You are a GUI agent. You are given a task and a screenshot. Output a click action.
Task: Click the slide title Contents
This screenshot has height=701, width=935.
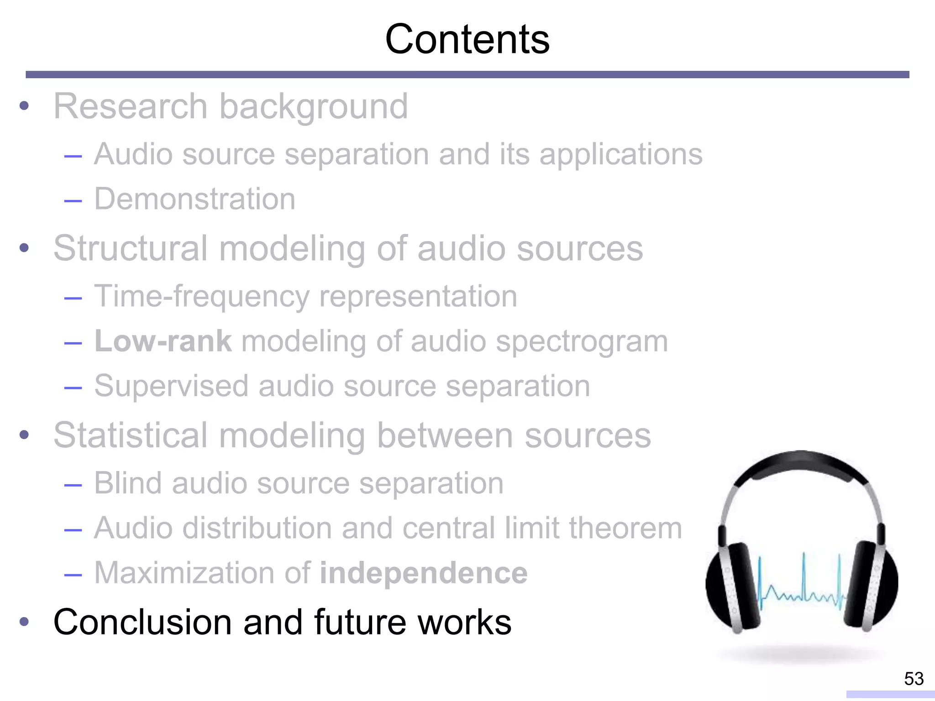[x=467, y=40]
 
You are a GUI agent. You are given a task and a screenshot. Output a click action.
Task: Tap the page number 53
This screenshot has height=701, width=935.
[x=914, y=679]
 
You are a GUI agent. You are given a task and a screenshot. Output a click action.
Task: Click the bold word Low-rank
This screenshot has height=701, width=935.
[x=163, y=341]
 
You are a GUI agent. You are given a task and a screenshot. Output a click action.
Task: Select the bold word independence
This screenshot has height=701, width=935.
[x=423, y=573]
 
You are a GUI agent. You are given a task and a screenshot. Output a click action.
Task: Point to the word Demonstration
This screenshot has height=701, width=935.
[x=195, y=199]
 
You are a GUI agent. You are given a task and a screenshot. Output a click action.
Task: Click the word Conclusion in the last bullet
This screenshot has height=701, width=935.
[x=142, y=623]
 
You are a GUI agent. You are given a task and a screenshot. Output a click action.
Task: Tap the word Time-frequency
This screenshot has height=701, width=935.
[x=201, y=297]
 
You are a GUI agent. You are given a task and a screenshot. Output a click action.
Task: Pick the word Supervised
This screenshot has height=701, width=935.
[x=171, y=387]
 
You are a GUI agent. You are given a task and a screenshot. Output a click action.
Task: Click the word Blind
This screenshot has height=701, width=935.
[x=127, y=483]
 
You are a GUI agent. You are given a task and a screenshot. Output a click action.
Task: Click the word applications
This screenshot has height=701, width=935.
[x=621, y=155]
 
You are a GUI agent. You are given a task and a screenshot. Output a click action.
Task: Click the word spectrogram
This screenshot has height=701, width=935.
[x=582, y=341]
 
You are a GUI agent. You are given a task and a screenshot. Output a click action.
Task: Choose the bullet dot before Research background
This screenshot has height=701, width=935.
[x=24, y=107]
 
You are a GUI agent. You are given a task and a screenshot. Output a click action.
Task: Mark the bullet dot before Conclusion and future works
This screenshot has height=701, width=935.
[x=24, y=622]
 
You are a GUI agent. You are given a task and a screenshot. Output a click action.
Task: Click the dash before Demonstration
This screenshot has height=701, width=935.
[x=73, y=200]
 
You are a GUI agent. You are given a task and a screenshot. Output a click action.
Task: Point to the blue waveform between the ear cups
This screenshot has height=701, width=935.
[x=802, y=589]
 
